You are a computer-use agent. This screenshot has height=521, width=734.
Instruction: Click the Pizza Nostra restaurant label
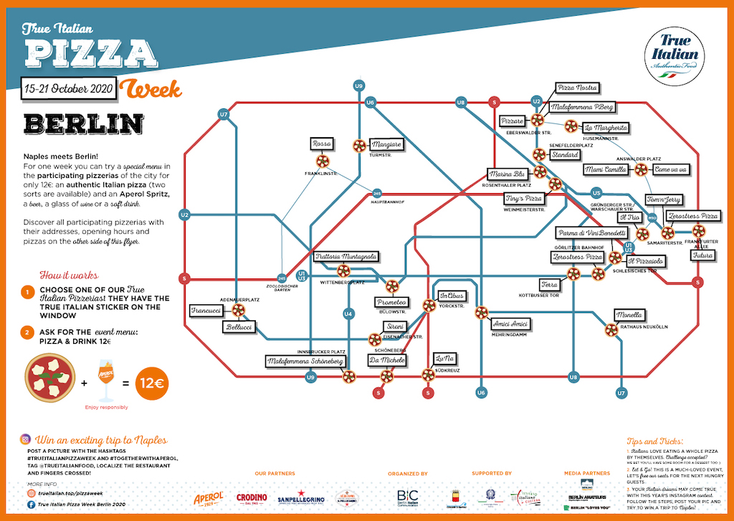point(577,88)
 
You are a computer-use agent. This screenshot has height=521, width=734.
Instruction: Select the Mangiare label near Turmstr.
point(386,144)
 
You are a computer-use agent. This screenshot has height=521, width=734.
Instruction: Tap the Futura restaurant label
point(703,255)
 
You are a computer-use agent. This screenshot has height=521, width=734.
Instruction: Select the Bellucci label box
point(239,327)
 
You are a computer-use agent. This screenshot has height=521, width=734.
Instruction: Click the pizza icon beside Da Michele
point(387,375)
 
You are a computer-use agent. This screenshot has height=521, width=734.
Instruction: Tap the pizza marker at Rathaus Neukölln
point(611,330)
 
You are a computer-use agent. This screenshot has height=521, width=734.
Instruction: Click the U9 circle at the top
point(358,86)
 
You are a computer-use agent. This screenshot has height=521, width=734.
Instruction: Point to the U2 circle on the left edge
point(185,215)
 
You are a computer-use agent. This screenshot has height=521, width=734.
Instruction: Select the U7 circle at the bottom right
point(621,393)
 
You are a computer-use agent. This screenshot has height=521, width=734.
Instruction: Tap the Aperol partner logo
point(209,498)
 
